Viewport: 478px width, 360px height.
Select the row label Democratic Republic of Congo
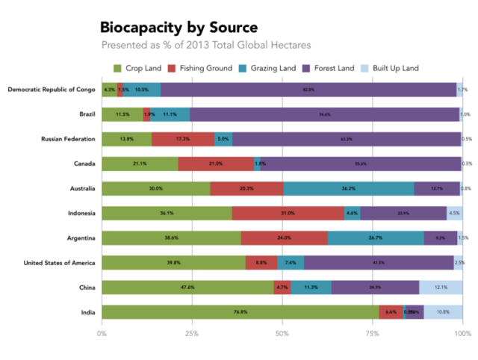click(52, 90)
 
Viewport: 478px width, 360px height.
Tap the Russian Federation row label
click(68, 139)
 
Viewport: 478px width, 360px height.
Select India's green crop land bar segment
click(240, 311)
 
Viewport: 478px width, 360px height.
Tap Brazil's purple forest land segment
click(324, 114)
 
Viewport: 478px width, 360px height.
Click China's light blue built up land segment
click(441, 287)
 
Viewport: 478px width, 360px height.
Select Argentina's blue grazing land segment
click(376, 238)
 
